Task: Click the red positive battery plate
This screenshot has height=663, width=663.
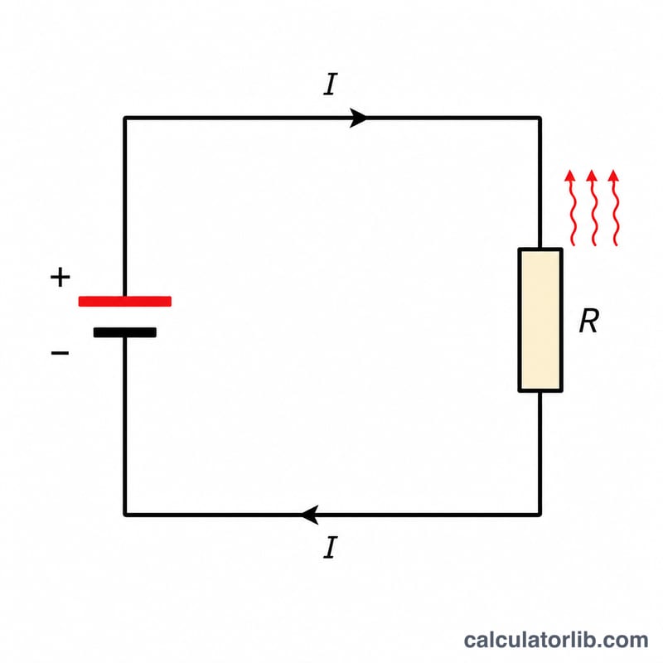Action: click(x=125, y=301)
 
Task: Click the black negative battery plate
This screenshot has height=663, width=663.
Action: click(x=125, y=332)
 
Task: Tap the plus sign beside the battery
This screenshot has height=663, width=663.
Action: click(x=60, y=278)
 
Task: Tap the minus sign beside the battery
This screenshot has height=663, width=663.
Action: click(x=60, y=352)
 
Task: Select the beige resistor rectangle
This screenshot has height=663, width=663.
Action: click(x=540, y=320)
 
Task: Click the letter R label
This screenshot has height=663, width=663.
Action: click(x=589, y=321)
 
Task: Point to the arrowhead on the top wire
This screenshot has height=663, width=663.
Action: click(x=359, y=118)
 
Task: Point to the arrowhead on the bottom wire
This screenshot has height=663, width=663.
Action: click(x=309, y=515)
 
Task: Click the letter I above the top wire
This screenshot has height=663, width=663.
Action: click(x=331, y=85)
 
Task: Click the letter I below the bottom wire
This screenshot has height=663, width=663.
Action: click(x=331, y=547)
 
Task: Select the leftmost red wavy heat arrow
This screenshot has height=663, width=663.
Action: click(x=572, y=207)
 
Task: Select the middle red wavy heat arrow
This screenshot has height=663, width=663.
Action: click(x=593, y=207)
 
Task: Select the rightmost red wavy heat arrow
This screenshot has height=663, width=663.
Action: click(x=615, y=207)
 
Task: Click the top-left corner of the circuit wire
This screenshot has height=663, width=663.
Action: click(x=125, y=118)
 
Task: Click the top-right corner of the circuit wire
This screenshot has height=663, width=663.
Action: click(x=540, y=118)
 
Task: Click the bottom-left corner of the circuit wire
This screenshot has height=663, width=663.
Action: click(x=125, y=515)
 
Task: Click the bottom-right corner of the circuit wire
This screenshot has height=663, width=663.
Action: click(x=540, y=515)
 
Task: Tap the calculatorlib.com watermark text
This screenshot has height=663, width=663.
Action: click(x=555, y=640)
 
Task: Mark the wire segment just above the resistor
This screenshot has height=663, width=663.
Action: click(x=540, y=182)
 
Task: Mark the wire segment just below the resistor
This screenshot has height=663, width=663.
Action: click(x=540, y=453)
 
